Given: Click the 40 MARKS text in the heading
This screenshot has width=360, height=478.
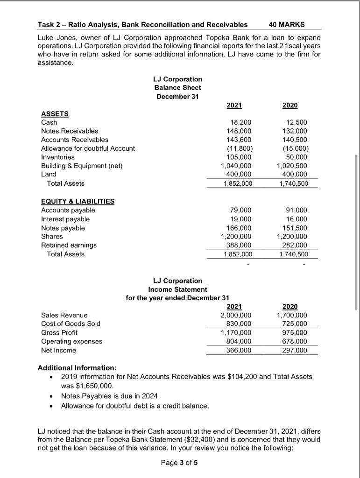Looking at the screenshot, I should [287, 24].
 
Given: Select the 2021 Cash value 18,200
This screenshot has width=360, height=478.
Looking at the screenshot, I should [242, 122].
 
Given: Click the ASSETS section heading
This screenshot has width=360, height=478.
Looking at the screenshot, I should [55, 113].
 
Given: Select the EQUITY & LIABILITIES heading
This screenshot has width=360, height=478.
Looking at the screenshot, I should [78, 201].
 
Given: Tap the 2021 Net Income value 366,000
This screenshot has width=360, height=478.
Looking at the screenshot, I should [240, 350].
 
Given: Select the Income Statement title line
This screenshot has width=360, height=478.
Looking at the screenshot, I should [177, 289].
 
